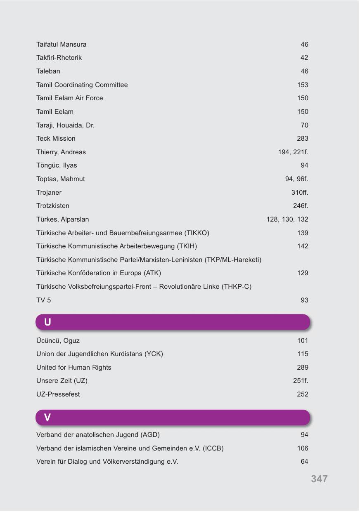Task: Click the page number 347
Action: coord(319,479)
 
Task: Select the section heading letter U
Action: coord(47,322)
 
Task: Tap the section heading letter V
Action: coord(47,418)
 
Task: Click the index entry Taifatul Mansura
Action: coord(61,44)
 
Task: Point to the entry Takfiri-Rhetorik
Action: coord(59,58)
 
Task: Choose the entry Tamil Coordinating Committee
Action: coord(82,85)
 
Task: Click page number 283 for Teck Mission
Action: coord(302,139)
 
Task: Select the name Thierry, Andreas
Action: coord(61,152)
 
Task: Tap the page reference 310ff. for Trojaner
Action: coord(300,193)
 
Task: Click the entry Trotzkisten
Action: coord(53,206)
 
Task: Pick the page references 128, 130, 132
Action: coord(287,219)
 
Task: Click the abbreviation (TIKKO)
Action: coord(197,233)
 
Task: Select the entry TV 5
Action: coord(44,300)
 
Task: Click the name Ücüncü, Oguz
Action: coord(58,341)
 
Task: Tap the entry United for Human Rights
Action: coord(73,368)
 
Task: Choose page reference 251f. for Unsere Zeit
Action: coord(301,381)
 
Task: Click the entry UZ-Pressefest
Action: coord(58,394)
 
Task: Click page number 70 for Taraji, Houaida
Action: coord(304,125)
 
